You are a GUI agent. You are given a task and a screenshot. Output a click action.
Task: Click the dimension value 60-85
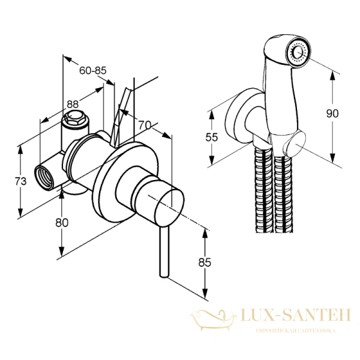click(92, 71)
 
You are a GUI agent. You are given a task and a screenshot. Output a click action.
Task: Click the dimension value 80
click(62, 222)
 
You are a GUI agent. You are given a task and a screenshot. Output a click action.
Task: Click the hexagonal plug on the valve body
click(74, 118)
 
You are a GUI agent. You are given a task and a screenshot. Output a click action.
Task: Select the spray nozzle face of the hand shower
click(297, 53)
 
